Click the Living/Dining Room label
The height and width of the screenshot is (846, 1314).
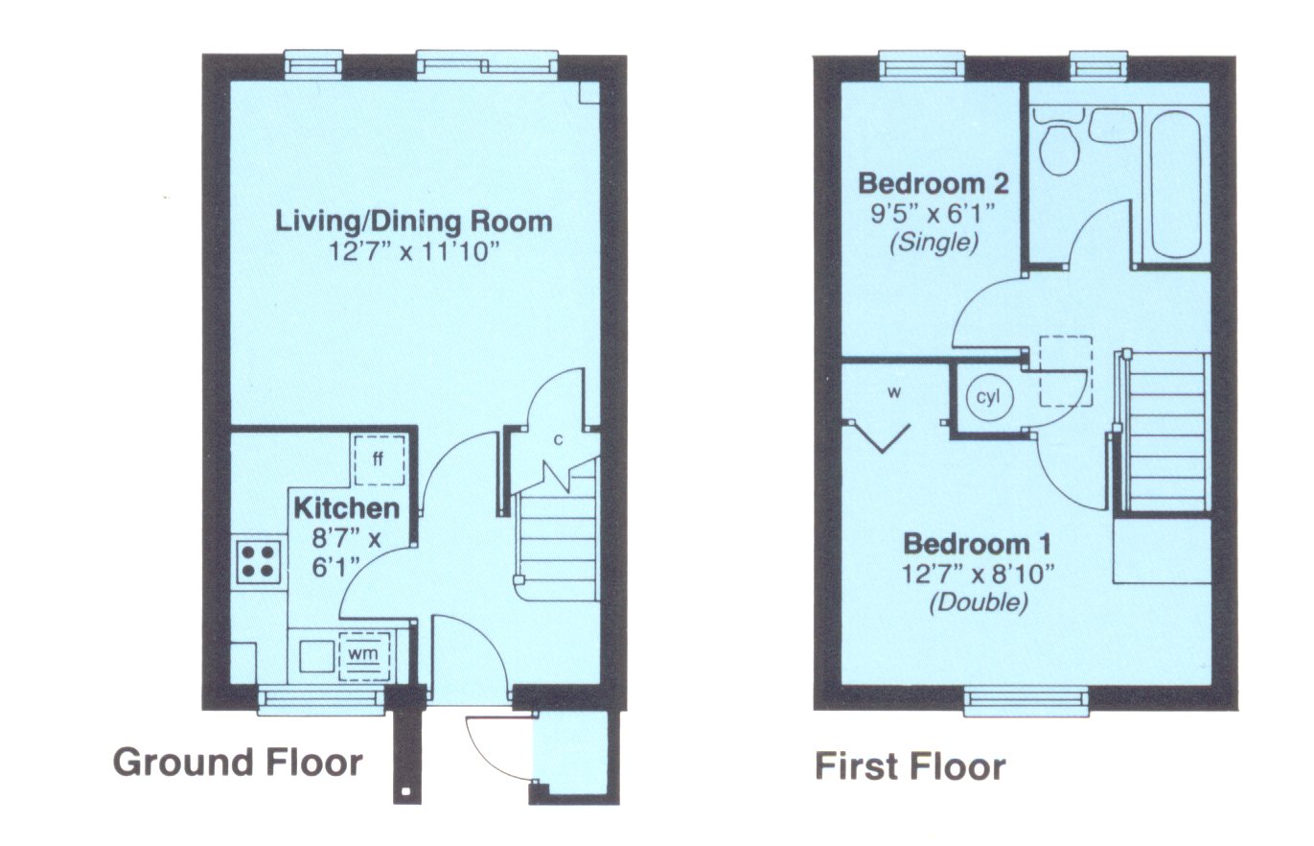coord(413,222)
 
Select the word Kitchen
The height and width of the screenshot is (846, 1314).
coord(346,508)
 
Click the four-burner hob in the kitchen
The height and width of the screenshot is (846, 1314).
coord(259,561)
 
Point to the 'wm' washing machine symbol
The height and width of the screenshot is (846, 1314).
coord(364,654)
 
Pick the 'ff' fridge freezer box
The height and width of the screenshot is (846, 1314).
coord(379,459)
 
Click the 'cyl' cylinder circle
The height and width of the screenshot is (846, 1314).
coord(988,397)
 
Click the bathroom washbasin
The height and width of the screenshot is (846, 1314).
coord(1113,126)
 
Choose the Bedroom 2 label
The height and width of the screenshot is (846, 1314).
coord(934,184)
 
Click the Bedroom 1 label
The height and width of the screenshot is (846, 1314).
coord(978,544)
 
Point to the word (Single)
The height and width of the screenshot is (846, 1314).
coord(934,243)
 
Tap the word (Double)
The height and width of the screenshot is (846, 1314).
coord(979,603)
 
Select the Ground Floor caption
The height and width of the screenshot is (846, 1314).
coord(238,763)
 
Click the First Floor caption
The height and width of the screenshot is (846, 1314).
coord(911,766)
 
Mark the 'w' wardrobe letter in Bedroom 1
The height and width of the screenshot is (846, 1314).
coord(894,392)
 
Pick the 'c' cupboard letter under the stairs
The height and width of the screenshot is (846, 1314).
coord(559,439)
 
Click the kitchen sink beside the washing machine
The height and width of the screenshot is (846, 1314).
coord(317,656)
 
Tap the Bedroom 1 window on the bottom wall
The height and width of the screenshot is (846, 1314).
coord(1026,698)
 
